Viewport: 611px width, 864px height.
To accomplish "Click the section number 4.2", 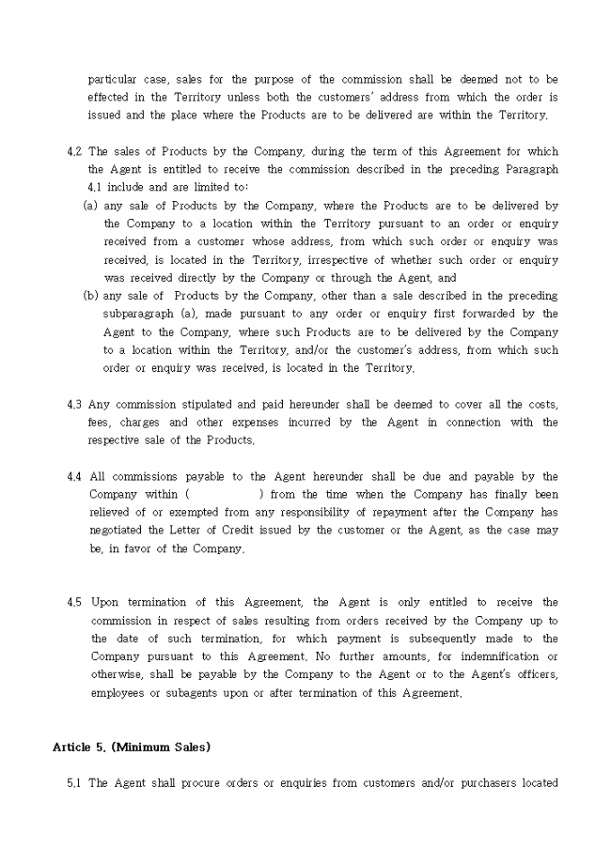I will point(75,152).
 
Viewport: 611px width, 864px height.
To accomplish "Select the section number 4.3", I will point(75,404).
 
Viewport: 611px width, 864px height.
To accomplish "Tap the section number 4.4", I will point(75,477).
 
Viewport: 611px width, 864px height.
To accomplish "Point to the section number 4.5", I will point(75,603).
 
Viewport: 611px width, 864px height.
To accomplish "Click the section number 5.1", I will point(75,783).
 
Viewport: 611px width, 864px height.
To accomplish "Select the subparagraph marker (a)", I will point(91,206).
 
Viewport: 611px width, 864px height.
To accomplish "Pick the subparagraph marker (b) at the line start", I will point(91,295).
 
